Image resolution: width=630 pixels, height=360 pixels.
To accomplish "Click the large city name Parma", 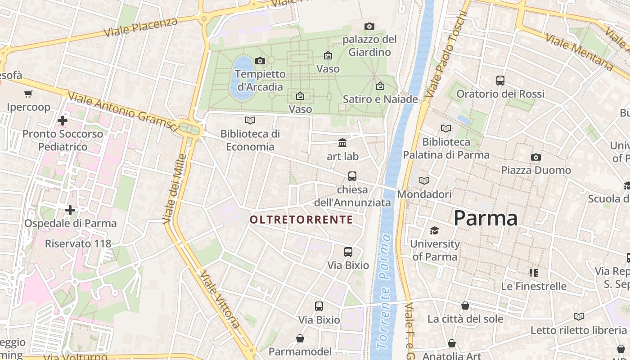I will pyautogui.click(x=485, y=218).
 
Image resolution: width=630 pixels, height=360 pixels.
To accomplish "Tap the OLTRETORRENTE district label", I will pyautogui.click(x=301, y=220).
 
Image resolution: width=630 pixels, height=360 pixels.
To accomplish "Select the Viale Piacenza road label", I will pyautogui.click(x=140, y=27).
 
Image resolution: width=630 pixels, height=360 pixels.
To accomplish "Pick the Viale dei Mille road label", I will pyautogui.click(x=175, y=189).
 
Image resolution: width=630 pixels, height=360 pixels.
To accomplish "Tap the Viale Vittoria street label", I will pyautogui.click(x=220, y=299).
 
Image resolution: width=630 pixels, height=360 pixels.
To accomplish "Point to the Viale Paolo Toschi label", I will pyautogui.click(x=446, y=54).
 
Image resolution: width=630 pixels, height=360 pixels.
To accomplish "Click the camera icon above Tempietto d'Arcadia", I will pyautogui.click(x=260, y=61).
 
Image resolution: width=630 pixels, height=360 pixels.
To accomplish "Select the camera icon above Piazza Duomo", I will pyautogui.click(x=535, y=157).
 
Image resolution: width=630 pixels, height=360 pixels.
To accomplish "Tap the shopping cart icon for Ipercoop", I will pyautogui.click(x=28, y=94).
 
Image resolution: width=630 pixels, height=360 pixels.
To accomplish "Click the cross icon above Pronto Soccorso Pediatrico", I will pyautogui.click(x=63, y=120).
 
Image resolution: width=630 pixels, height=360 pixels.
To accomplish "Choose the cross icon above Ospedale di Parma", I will pyautogui.click(x=70, y=210).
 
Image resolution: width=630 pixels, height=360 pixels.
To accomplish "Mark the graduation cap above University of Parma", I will pyautogui.click(x=434, y=231).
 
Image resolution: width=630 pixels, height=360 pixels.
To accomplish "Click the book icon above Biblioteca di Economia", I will pyautogui.click(x=250, y=120).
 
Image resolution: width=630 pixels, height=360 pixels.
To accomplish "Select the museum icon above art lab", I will pyautogui.click(x=342, y=143).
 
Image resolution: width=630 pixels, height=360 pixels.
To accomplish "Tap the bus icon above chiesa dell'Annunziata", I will pyautogui.click(x=352, y=176).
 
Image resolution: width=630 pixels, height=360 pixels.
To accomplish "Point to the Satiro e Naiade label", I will pyautogui.click(x=380, y=99).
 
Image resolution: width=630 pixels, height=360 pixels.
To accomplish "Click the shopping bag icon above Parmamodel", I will pyautogui.click(x=300, y=338).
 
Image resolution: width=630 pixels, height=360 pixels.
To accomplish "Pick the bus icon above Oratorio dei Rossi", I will pyautogui.click(x=500, y=80).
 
